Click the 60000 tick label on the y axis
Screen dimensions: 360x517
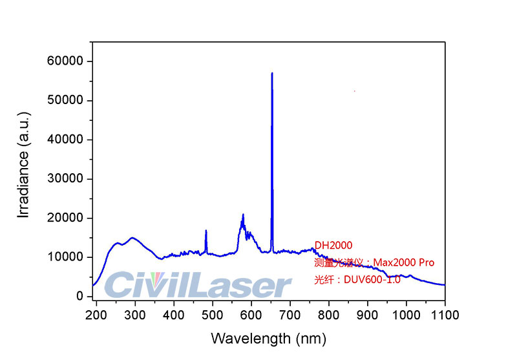tap(65, 61)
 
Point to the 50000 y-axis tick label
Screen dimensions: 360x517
tap(65, 101)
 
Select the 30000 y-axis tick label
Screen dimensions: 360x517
tap(65, 179)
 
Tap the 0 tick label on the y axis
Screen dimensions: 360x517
tap(80, 297)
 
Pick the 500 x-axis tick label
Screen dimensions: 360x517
tap(213, 315)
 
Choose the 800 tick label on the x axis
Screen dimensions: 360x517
tap(329, 315)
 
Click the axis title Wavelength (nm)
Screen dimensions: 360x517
tap(268, 338)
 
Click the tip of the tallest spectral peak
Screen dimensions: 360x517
tap(272, 73)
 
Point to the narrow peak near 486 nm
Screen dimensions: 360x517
tap(206, 230)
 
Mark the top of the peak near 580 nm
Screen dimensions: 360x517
tap(243, 214)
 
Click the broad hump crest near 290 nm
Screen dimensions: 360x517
tap(132, 238)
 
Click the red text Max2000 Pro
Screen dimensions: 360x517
tap(405, 262)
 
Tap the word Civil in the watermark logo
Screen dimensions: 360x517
tap(138, 286)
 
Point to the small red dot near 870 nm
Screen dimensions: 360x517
tap(355, 91)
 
